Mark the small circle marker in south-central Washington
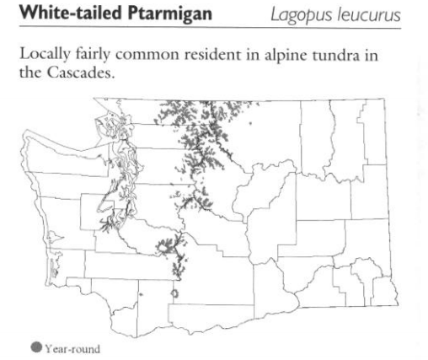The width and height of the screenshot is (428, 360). pyautogui.click(x=174, y=293)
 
